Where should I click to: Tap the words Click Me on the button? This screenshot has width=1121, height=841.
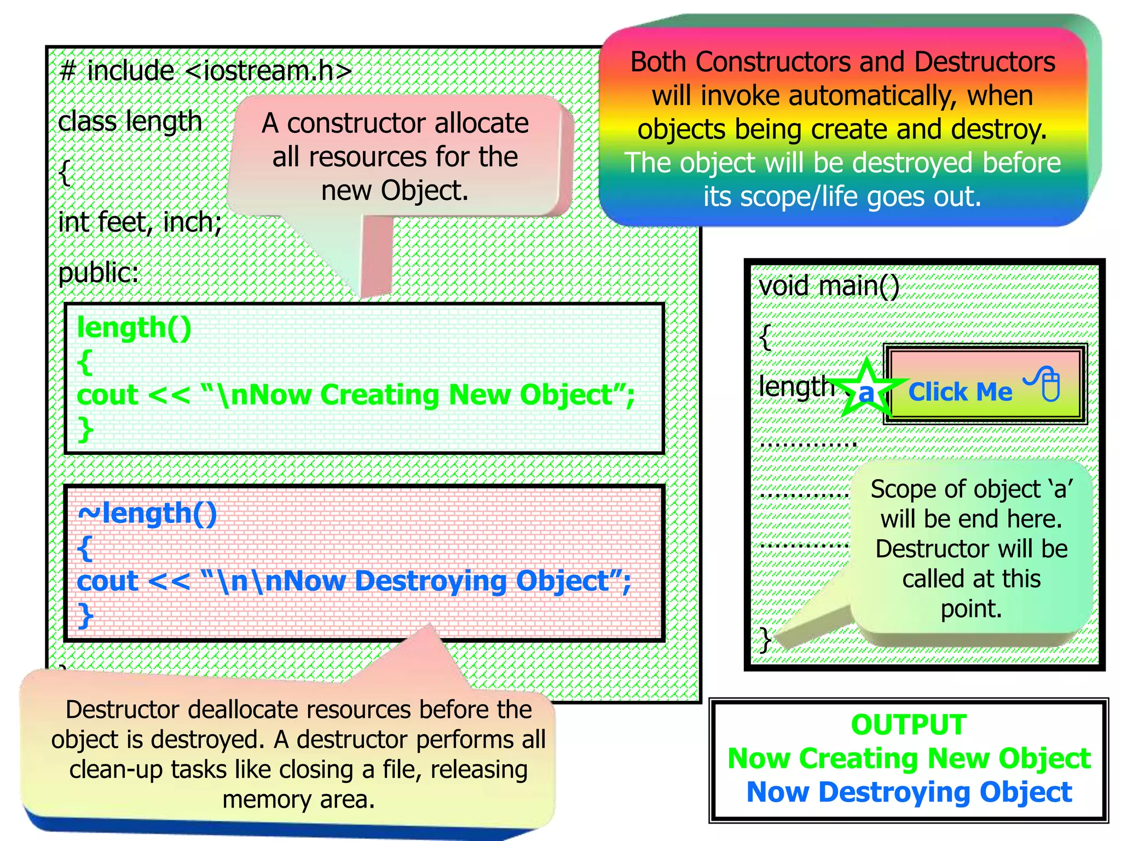tap(960, 392)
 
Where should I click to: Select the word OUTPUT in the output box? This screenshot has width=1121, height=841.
tap(909, 724)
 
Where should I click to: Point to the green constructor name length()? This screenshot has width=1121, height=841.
tap(134, 328)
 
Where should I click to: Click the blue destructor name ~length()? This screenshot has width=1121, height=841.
tap(148, 514)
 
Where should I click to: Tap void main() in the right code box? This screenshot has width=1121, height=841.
tap(829, 286)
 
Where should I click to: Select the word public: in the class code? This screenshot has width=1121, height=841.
tap(99, 272)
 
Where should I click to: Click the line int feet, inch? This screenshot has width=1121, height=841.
tap(140, 222)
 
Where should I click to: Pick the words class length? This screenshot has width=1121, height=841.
tap(130, 122)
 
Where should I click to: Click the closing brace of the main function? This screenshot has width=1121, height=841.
tap(765, 639)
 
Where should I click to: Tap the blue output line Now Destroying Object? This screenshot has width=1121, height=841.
tap(909, 792)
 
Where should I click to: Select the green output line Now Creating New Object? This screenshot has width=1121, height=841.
tap(909, 758)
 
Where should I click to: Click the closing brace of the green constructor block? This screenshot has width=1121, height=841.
tap(85, 429)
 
